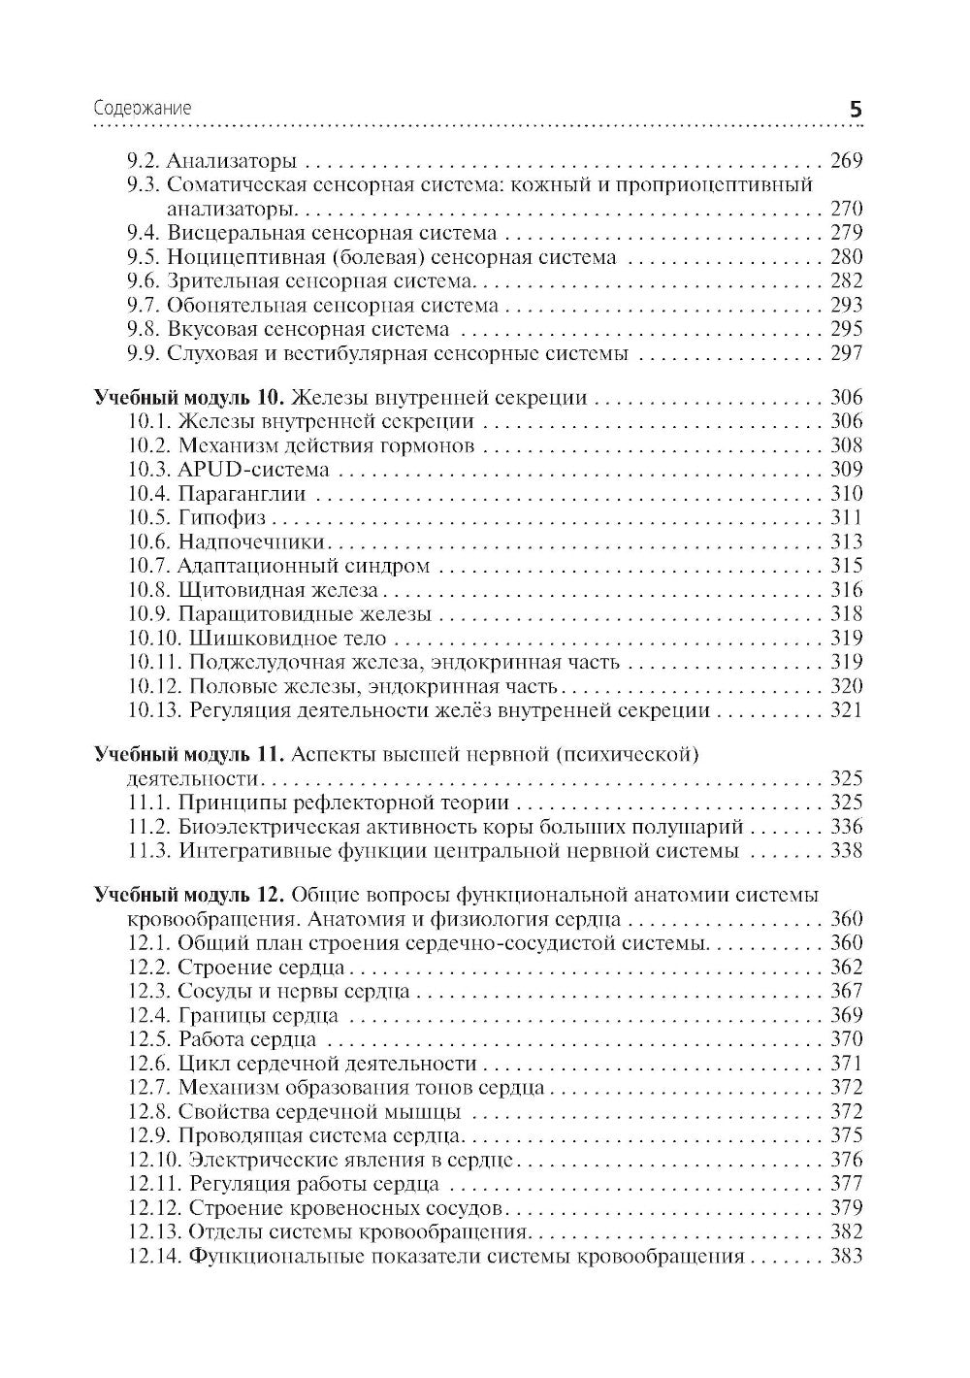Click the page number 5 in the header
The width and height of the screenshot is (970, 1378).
click(855, 110)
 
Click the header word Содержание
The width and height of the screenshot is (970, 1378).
click(142, 109)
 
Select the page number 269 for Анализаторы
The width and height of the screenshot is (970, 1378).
click(846, 161)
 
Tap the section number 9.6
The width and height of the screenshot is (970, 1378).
click(145, 281)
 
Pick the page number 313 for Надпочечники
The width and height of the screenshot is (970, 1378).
click(846, 542)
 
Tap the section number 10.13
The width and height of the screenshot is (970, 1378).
click(155, 711)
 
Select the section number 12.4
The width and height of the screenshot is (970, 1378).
click(149, 1016)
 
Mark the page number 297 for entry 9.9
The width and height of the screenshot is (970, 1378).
click(846, 353)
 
